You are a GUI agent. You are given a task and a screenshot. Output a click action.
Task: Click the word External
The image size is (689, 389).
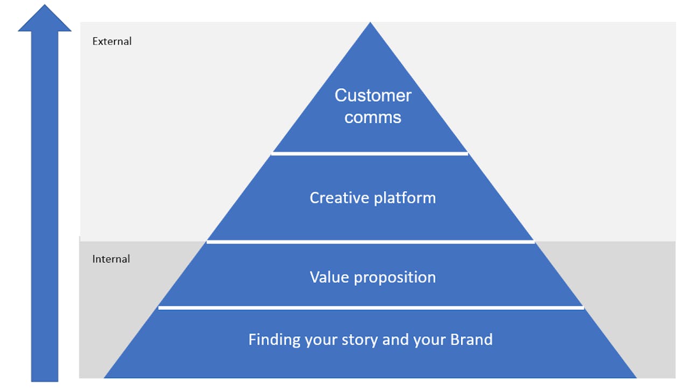[x=112, y=41]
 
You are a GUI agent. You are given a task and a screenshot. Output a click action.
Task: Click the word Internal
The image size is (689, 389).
[x=111, y=259]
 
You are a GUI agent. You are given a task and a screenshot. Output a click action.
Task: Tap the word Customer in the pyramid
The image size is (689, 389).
[x=373, y=95]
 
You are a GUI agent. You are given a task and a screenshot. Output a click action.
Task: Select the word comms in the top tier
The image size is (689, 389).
[x=373, y=117]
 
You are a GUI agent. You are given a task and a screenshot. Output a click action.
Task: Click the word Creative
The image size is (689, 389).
[x=339, y=198]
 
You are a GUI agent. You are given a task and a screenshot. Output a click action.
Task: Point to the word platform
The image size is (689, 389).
[x=405, y=199]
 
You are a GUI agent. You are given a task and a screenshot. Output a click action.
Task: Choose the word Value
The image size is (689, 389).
[x=329, y=278]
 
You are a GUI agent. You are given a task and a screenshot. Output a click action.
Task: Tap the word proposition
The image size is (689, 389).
[x=395, y=278]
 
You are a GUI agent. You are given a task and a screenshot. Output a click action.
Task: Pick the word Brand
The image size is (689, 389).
[x=471, y=340]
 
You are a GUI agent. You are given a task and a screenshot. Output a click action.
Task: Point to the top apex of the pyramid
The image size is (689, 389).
[x=370, y=22]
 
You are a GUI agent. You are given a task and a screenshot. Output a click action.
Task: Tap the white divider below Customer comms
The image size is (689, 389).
[x=370, y=153]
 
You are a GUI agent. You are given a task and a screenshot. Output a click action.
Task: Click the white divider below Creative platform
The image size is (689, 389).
[x=371, y=242]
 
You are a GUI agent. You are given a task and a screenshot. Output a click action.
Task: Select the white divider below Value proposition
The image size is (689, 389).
[x=371, y=308]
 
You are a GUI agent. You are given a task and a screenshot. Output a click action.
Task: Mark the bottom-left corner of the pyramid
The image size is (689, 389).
[x=104, y=378]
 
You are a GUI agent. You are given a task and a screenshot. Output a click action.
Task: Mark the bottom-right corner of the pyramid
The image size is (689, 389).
[x=636, y=378]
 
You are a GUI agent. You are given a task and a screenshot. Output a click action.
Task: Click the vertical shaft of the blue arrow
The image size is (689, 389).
[x=45, y=206]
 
